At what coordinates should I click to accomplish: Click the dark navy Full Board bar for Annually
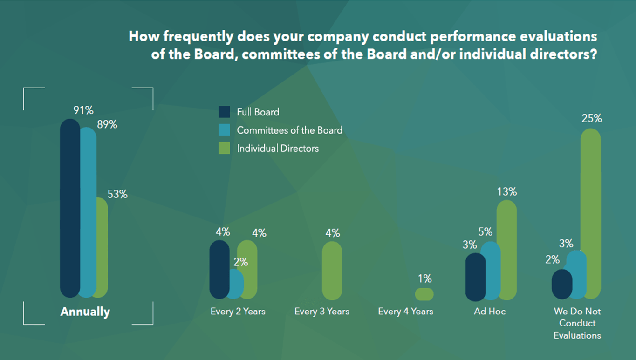pos(70,208)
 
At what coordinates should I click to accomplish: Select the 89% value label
pos(107,124)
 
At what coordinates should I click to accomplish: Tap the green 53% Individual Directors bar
pos(102,247)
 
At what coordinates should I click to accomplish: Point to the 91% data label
pos(83,110)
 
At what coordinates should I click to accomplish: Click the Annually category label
pos(85,312)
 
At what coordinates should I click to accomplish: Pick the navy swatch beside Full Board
pos(224,112)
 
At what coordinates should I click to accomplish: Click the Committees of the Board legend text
pos(290,130)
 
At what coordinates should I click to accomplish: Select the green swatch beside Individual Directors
pos(224,148)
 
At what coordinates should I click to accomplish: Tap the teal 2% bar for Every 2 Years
pos(236,284)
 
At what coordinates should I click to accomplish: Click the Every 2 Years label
pos(238,312)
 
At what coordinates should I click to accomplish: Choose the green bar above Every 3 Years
pos(332,271)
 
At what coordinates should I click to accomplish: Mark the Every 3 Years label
pos(322,312)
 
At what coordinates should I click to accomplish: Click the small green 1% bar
pos(424,294)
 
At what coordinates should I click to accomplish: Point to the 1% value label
pos(425,278)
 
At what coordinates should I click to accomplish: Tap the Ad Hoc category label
pos(490,312)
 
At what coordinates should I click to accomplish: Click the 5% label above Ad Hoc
pos(485,232)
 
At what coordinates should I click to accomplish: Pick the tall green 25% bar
pos(591,214)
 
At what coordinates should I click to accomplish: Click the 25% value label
pos(592,118)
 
